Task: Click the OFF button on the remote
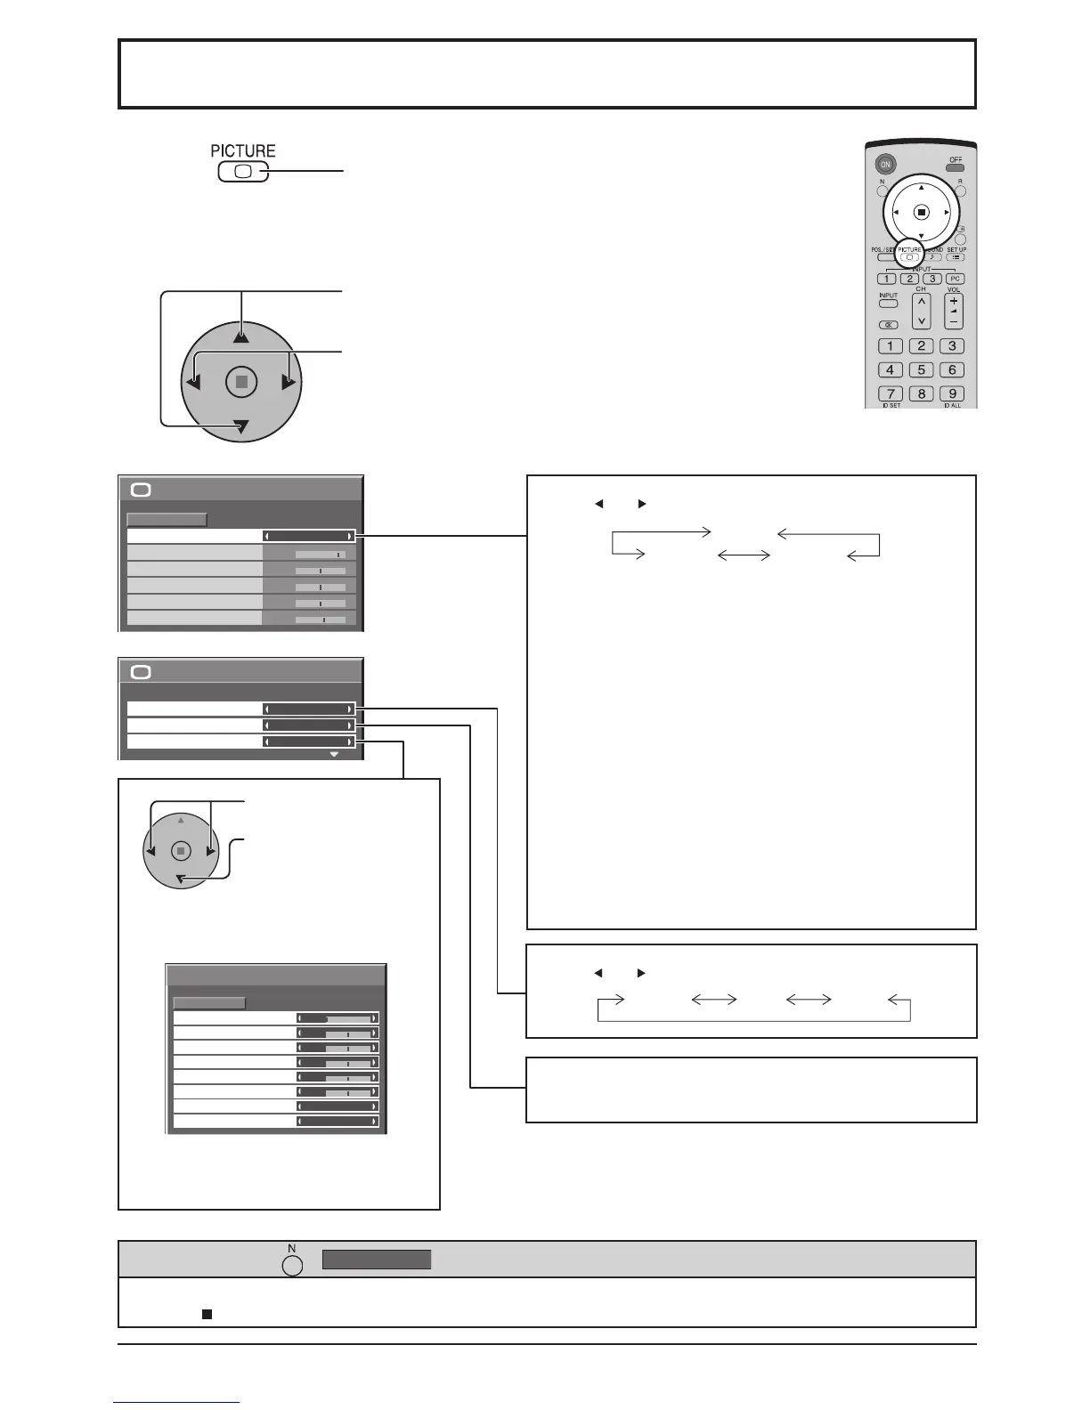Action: click(955, 166)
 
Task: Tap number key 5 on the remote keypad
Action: click(922, 369)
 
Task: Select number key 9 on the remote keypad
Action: click(952, 393)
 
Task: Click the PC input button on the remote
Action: click(955, 279)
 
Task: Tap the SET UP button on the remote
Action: click(956, 257)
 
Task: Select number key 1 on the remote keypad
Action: click(890, 346)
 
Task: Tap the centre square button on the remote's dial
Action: click(922, 212)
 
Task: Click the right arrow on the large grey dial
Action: click(288, 383)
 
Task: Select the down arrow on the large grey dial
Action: click(241, 429)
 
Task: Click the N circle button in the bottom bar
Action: click(292, 1264)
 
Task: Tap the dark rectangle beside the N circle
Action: click(376, 1260)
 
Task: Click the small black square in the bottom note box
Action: click(206, 1313)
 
